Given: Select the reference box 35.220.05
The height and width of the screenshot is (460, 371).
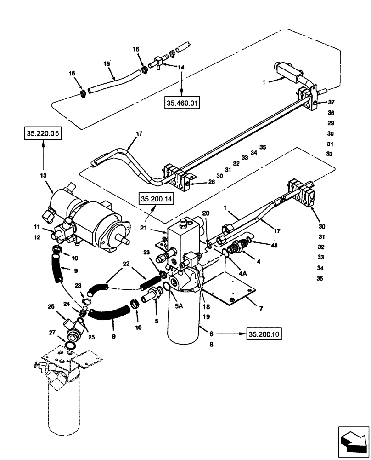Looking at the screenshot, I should coord(42,134).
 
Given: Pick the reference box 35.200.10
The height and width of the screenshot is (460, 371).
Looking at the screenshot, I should coord(264,333).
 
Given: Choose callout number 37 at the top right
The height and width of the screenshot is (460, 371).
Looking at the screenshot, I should coord(332,102).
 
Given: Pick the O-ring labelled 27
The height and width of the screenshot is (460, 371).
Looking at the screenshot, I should coord(71,345).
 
